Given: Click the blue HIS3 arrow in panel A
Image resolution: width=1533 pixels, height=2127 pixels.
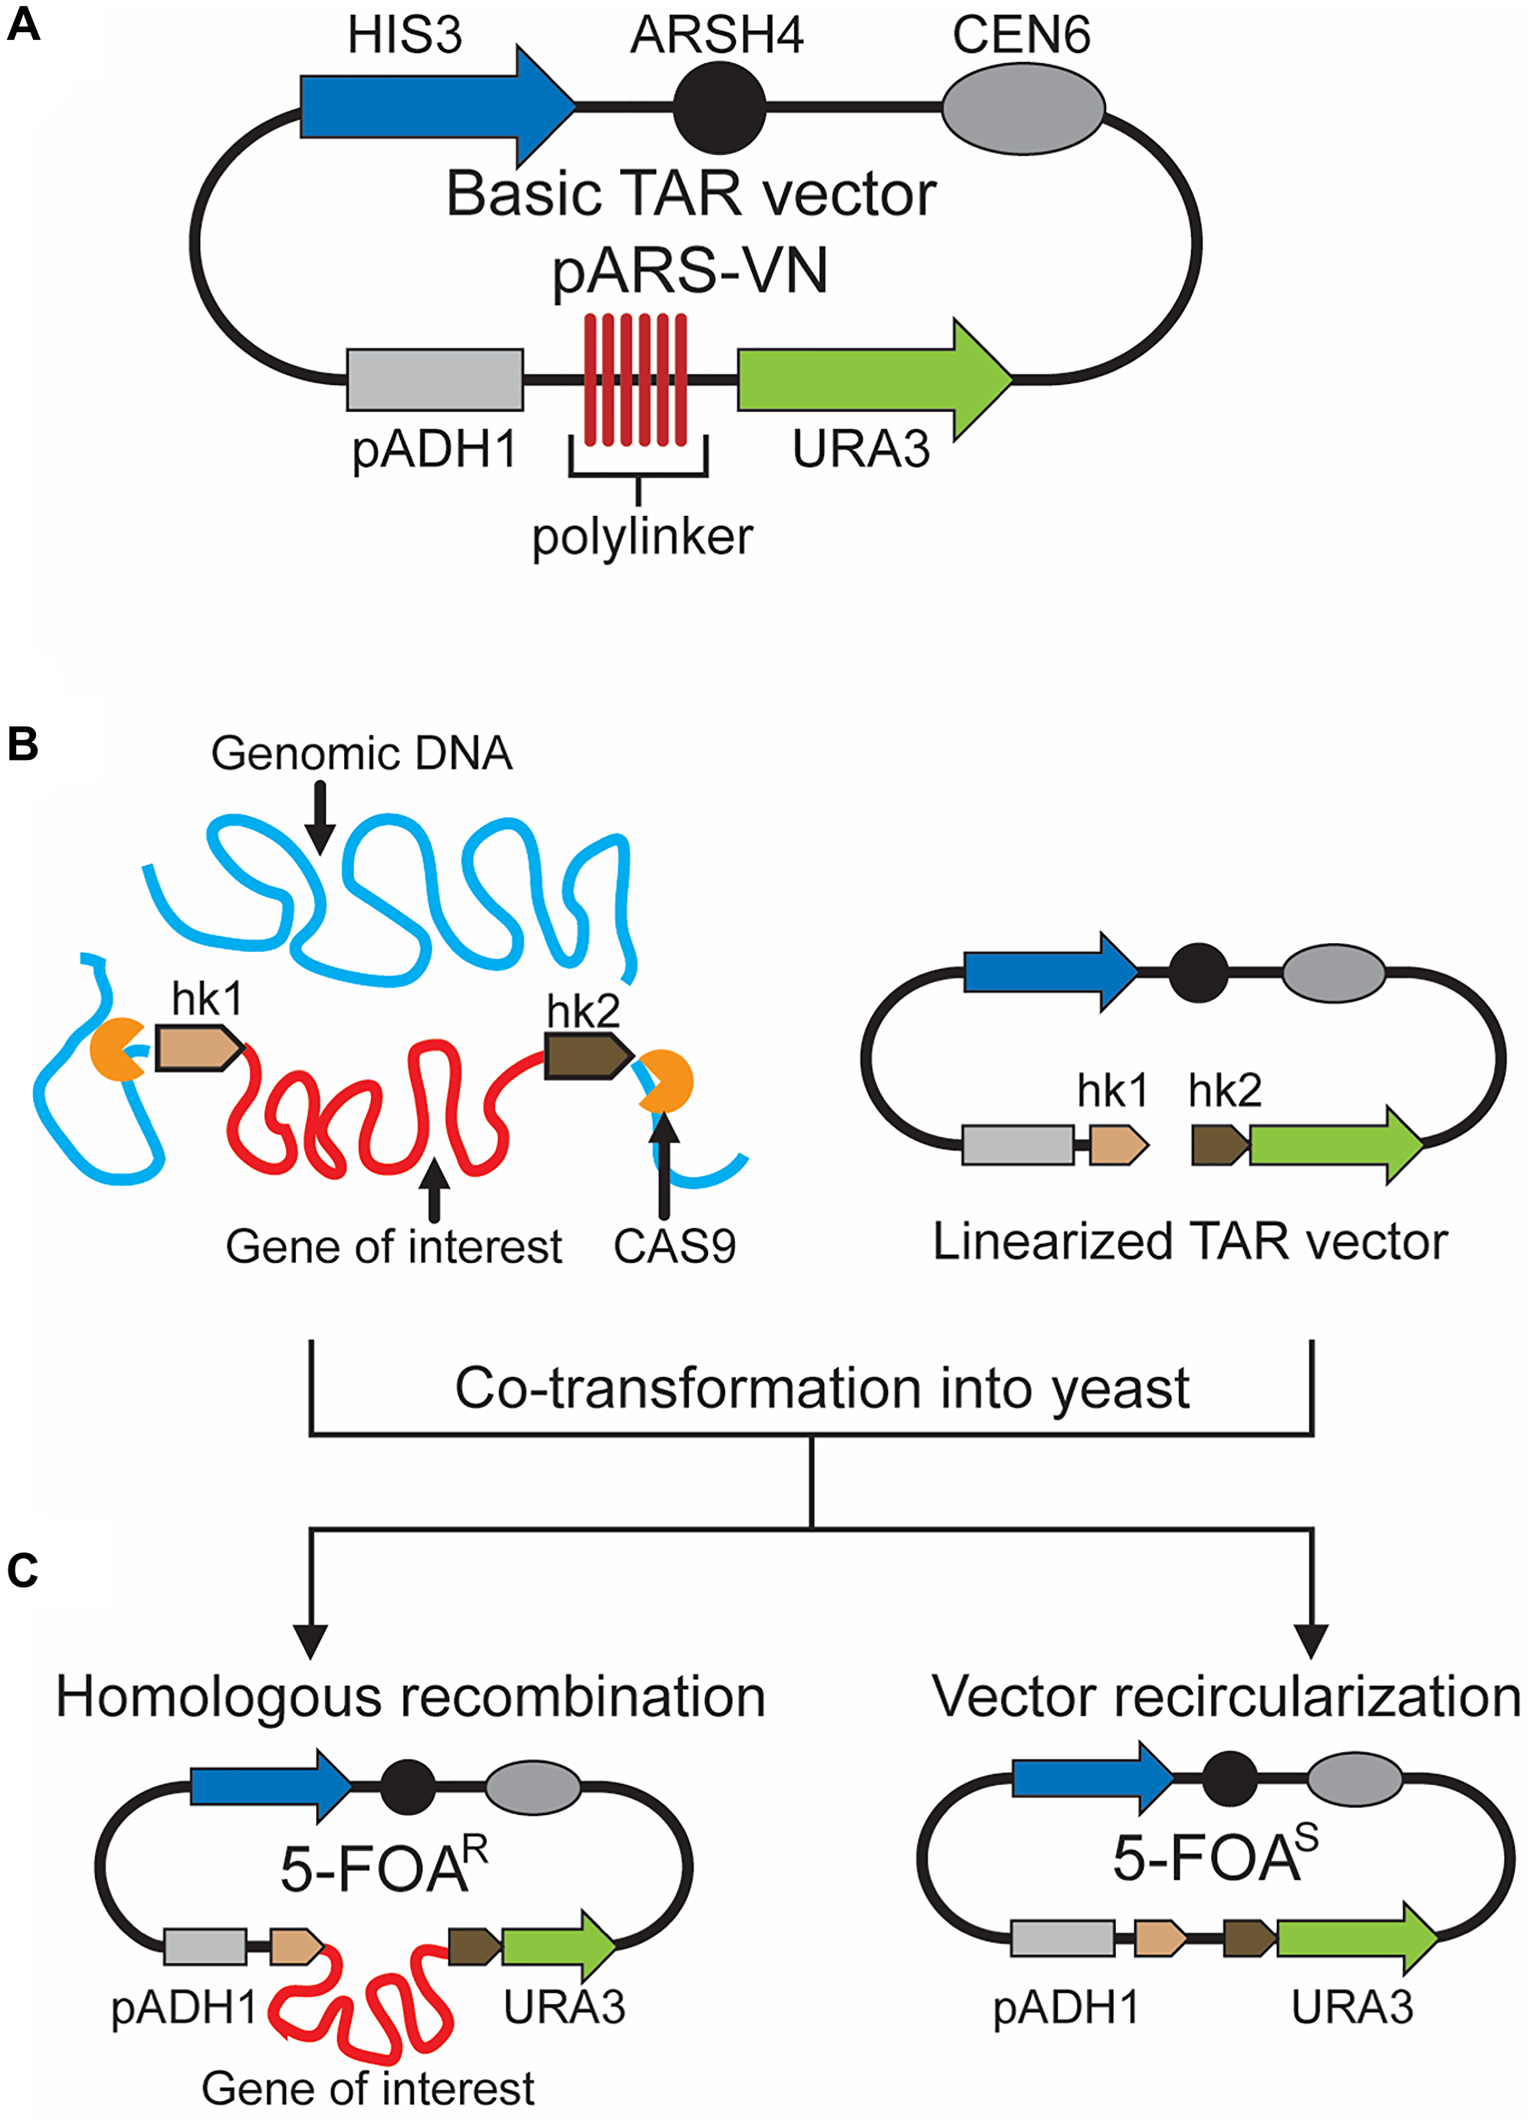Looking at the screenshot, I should [422, 107].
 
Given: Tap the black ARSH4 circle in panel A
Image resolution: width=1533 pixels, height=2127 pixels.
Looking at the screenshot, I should [719, 107].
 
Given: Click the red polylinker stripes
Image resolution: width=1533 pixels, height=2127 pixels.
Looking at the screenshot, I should [635, 379].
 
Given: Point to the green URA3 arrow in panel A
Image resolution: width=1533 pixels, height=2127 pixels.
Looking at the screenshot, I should [862, 380].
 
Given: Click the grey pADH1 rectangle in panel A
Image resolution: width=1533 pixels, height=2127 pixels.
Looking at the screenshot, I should [434, 380].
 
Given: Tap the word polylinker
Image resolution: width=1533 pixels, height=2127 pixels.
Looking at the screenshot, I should [642, 537].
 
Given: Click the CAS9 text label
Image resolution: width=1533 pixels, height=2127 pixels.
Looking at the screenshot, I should [675, 1247].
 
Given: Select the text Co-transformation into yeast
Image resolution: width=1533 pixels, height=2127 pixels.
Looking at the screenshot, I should [822, 1388].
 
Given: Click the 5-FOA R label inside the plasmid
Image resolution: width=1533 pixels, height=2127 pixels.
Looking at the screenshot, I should [385, 1866].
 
